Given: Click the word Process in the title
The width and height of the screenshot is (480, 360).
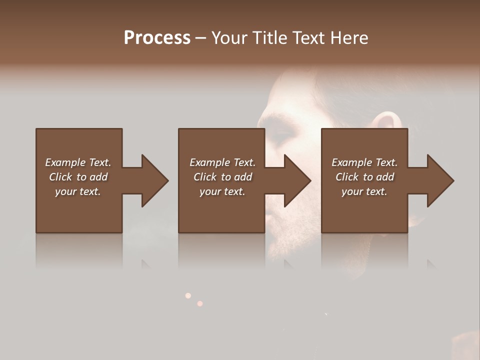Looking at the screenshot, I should click(x=157, y=38).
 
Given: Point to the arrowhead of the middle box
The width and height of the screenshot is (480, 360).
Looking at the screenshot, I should click(x=297, y=180).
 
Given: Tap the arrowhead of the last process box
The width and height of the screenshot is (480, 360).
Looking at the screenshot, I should click(x=440, y=180).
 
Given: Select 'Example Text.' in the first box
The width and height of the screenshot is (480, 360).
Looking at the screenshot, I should click(x=78, y=162).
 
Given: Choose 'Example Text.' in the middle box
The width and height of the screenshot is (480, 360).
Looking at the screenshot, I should click(x=222, y=162).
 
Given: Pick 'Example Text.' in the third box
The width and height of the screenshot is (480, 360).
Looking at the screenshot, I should click(x=364, y=162).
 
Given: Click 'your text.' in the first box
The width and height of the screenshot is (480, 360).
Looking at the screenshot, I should click(x=78, y=191).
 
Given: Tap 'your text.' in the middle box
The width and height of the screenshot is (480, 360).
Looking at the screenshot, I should click(x=222, y=191).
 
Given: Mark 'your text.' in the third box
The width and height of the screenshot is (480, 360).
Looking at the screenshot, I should click(x=364, y=191).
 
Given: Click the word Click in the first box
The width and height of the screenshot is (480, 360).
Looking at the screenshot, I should click(x=60, y=177).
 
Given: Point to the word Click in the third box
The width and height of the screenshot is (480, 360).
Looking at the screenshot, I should click(x=347, y=177).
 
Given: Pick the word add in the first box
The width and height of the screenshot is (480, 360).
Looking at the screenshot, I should click(x=98, y=177).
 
